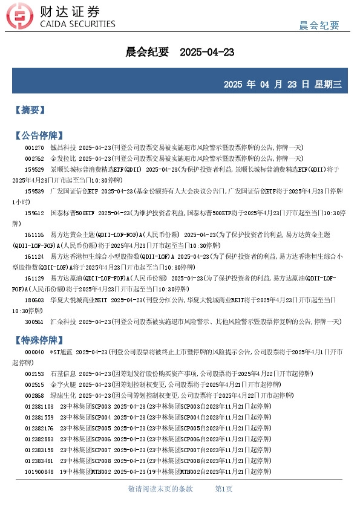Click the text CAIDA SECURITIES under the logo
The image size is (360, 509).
(x=77, y=25)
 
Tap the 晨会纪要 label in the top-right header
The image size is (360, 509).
(x=319, y=25)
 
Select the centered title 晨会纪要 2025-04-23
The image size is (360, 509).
(x=180, y=53)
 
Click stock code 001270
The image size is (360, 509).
(x=34, y=148)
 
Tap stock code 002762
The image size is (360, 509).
(x=34, y=159)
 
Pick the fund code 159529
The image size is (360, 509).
(x=34, y=170)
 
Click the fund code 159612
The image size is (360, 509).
(x=34, y=213)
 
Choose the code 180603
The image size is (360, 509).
(x=34, y=300)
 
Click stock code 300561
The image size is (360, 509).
(x=34, y=322)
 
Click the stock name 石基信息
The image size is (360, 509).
(x=63, y=374)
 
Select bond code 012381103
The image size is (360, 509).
(x=39, y=406)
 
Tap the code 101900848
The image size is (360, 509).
(x=39, y=472)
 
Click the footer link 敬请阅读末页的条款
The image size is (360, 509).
(x=160, y=488)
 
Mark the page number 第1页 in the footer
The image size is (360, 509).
(x=224, y=488)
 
